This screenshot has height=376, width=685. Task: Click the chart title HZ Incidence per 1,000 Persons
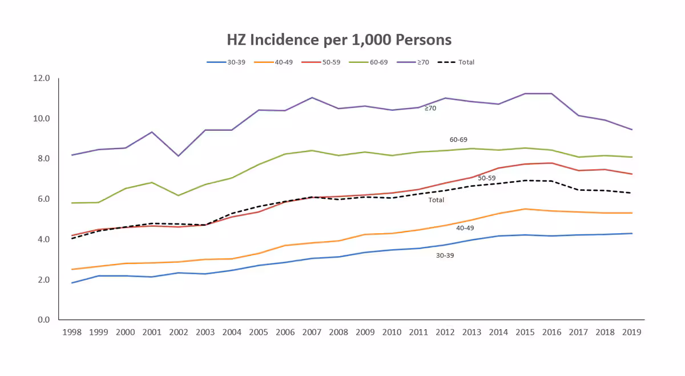click(x=339, y=40)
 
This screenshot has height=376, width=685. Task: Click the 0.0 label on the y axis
click(x=44, y=320)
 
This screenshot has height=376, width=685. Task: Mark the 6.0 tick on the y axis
click(x=44, y=199)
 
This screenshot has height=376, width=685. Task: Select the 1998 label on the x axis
click(x=71, y=333)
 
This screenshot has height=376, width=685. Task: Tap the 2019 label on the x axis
click(x=631, y=333)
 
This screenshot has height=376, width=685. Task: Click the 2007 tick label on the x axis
click(x=312, y=333)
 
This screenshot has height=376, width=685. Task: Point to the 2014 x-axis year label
click(x=498, y=333)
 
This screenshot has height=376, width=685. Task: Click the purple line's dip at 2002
click(x=178, y=156)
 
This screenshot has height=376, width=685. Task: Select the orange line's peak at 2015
click(x=525, y=209)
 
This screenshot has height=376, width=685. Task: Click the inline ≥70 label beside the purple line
click(x=430, y=108)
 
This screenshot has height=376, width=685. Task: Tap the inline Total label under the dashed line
click(x=436, y=201)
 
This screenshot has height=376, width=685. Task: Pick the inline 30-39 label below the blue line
click(x=445, y=256)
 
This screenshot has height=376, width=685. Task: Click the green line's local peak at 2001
click(x=151, y=182)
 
